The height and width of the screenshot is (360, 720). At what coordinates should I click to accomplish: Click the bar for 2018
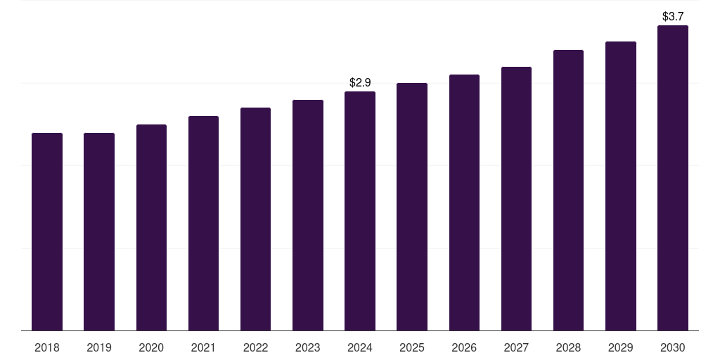click(47, 231)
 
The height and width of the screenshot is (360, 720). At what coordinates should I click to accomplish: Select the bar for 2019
click(99, 231)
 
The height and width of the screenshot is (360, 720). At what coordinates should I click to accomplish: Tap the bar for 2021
click(203, 223)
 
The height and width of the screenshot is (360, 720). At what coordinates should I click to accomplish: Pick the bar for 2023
click(308, 215)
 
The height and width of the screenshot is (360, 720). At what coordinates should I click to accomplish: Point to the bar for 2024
click(360, 211)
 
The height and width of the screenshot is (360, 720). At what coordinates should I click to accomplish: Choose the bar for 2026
click(464, 202)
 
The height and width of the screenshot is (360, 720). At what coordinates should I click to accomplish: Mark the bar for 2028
click(568, 190)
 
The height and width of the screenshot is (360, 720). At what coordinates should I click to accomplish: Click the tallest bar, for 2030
click(673, 178)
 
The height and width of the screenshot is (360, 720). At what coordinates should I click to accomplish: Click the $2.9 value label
click(360, 83)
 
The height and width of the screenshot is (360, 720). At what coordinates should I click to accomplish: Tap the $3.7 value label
click(673, 16)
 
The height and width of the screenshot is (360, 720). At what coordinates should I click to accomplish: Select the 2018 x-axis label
click(47, 348)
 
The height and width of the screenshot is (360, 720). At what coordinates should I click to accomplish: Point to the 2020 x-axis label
click(151, 348)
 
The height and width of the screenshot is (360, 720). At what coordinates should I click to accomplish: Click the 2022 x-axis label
click(255, 348)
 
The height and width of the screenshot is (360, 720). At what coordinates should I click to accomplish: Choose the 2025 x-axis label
click(412, 348)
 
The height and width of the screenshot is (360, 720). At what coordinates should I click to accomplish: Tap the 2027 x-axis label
click(516, 348)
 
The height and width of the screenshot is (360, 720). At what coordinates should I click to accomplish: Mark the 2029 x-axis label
click(620, 348)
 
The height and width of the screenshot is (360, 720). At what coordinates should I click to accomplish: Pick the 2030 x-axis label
click(673, 348)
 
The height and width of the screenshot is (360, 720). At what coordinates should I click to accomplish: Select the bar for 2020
click(151, 227)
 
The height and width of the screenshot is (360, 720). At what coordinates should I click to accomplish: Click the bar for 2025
click(412, 207)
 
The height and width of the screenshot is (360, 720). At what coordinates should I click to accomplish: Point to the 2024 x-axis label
click(360, 348)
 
